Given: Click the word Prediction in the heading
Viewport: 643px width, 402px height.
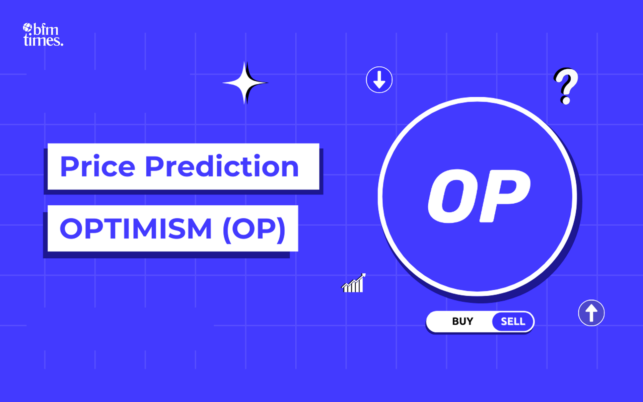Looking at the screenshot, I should pyautogui.click(x=222, y=166).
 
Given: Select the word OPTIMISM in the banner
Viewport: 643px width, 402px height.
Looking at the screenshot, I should pyautogui.click(x=136, y=229).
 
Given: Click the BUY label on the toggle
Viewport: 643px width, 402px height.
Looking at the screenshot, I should pyautogui.click(x=462, y=321).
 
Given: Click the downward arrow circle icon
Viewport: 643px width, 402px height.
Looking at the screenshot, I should pyautogui.click(x=379, y=80).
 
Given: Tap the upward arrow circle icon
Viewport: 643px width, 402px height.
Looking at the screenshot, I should pyautogui.click(x=591, y=313).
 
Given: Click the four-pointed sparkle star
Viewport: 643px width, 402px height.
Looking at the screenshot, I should pyautogui.click(x=245, y=82).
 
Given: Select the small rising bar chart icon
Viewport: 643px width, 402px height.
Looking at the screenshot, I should pyautogui.click(x=353, y=284).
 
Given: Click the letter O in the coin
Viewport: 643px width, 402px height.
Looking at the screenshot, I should pyautogui.click(x=447, y=196).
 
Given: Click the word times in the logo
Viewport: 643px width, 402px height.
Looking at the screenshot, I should pyautogui.click(x=42, y=41).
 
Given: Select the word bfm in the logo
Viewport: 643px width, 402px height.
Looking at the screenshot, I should pyautogui.click(x=46, y=30).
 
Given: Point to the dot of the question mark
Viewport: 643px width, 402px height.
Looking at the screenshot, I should pyautogui.click(x=566, y=100).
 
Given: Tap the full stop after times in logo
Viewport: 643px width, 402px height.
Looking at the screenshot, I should pyautogui.click(x=62, y=44).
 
